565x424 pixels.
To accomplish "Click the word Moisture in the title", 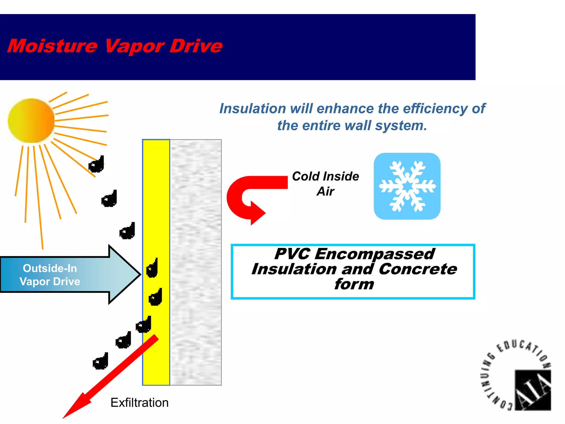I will [x=52, y=46].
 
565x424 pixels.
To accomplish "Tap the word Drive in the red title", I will [x=196, y=46].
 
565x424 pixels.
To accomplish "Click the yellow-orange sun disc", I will [x=31, y=121].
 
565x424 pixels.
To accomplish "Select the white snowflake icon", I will [x=407, y=186].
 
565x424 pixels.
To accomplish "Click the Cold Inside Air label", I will [x=326, y=184].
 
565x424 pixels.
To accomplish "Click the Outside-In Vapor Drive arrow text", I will [x=50, y=275].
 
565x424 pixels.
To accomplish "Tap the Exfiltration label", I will [x=139, y=402].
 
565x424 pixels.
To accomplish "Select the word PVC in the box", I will [x=292, y=254].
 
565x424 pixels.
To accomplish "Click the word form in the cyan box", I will [x=354, y=284].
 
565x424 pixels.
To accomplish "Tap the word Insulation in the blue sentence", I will [x=252, y=108].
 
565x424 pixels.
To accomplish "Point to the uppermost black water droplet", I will [x=97, y=165].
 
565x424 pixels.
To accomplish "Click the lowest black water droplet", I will [x=100, y=362].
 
